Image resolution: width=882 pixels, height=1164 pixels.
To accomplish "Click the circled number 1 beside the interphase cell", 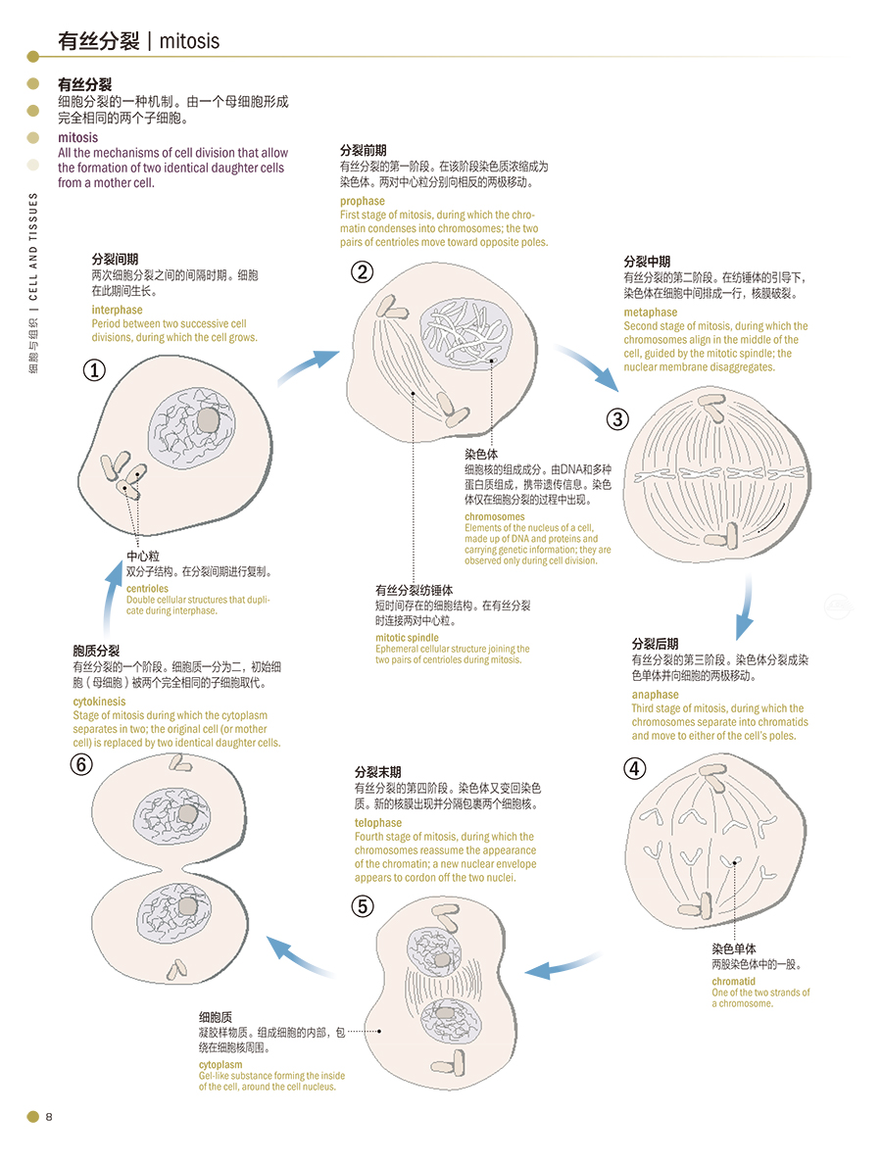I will [94, 370].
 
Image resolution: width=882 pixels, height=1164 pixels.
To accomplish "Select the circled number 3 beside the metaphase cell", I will [617, 419].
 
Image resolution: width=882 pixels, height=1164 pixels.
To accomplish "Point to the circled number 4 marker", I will [635, 768].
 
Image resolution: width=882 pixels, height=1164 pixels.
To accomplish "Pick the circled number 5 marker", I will [363, 906].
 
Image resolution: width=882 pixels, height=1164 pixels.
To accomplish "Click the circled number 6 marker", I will [82, 766].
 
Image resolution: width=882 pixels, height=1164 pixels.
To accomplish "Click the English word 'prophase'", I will [363, 201].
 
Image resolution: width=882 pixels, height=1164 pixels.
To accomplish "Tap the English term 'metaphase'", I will [650, 313].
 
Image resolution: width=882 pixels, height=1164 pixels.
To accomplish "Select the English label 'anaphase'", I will [656, 695].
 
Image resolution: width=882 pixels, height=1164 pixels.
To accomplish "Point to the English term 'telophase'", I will [378, 823].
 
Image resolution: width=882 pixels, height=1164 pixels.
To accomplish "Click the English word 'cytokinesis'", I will [99, 702].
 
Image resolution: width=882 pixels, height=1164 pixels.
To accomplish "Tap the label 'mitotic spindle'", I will [407, 638].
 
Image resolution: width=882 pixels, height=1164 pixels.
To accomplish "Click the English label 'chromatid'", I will [733, 982].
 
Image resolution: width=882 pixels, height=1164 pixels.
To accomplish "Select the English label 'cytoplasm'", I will [220, 1064].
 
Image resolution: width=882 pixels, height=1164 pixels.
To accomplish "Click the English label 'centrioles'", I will [147, 589].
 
